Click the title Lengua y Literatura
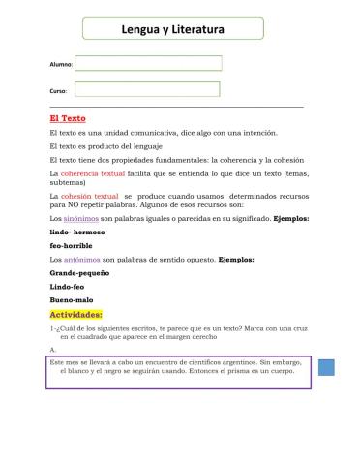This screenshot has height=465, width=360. tap(173, 30)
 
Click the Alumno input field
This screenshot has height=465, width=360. tap(148, 64)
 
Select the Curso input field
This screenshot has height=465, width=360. tap(147, 89)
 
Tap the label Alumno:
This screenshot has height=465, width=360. tap(61, 65)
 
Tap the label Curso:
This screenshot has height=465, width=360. tap(58, 90)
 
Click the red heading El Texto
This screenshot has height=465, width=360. tap(68, 118)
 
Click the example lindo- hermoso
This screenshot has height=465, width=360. tap(76, 232)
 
